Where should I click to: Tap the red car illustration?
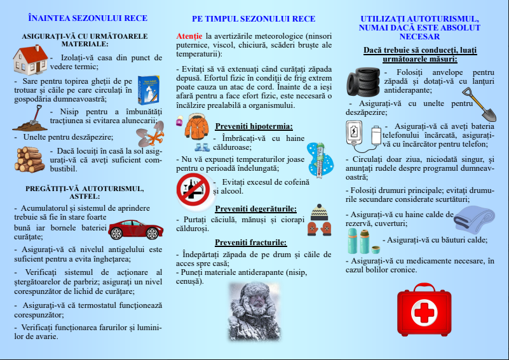point(133,229)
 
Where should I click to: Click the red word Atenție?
point(189,36)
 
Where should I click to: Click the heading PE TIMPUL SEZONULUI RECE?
point(254,19)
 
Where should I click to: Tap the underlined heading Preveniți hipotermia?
point(254,126)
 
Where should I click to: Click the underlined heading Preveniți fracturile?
point(250,242)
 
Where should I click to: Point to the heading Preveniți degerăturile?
point(255,208)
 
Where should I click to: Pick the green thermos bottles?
point(360,241)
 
